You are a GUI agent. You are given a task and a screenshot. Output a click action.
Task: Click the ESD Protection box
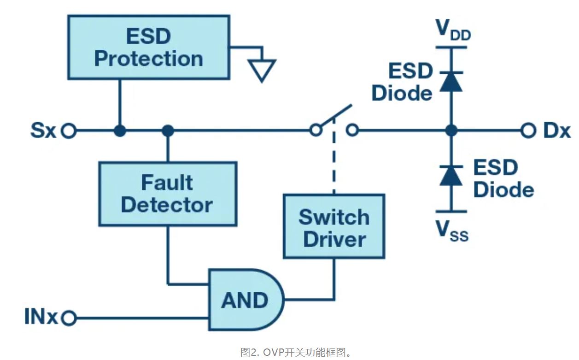coord(148,47)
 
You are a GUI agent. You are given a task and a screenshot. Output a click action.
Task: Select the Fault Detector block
coord(168,194)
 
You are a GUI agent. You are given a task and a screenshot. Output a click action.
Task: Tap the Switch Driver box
coord(333,226)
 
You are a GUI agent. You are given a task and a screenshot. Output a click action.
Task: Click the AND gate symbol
coord(244,300)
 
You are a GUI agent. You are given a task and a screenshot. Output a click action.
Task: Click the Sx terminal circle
coord(69,131)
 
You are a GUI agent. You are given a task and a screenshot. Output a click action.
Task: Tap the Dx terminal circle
coord(528,131)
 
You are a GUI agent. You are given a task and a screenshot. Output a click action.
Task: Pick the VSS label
coord(452,231)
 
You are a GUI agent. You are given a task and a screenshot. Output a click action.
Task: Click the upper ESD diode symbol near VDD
coord(451,80)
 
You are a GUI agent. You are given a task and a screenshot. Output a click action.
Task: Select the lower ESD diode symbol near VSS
coord(451,175)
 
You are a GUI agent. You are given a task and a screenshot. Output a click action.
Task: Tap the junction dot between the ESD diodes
coord(451,131)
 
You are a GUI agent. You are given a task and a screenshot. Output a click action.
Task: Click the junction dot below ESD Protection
coord(120,131)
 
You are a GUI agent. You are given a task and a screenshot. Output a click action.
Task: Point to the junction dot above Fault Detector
coord(168,131)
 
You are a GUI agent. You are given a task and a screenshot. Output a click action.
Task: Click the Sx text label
coord(43,131)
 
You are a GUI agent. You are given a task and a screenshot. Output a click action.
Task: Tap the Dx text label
coord(556,131)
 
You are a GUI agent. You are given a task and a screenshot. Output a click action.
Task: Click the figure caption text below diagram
coord(297,353)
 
